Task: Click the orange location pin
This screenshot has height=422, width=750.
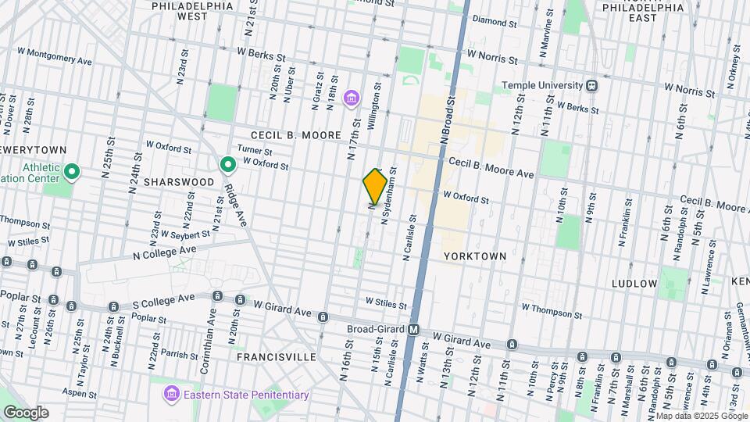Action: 375,187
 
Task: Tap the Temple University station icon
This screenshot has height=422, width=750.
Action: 591,85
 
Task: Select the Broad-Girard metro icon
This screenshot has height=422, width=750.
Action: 414,330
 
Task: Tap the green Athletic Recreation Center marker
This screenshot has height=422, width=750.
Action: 72,171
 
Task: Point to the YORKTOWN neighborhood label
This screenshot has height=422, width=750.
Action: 475,256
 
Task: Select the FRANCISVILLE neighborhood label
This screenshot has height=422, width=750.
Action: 277,356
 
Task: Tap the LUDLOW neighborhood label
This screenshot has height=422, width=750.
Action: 634,283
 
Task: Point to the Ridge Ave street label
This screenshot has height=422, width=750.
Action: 233,205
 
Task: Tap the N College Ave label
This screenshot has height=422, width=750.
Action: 164,252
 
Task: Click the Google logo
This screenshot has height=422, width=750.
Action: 25,412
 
